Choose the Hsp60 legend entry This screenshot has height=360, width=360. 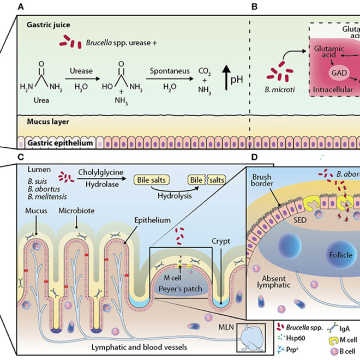pyautogui.click(x=290, y=338)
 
